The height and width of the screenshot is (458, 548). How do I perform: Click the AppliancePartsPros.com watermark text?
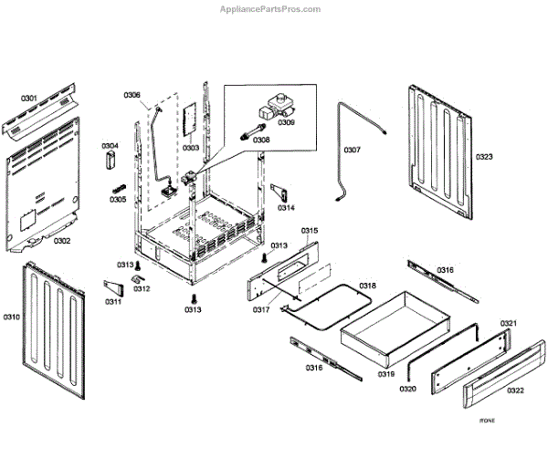tap(271, 9)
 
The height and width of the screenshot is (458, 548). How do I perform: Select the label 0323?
tap(483, 157)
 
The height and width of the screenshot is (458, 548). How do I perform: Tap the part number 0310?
tap(11, 317)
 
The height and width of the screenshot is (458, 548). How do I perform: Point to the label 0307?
tap(352, 149)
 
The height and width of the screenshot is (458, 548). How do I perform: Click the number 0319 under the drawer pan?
tap(386, 374)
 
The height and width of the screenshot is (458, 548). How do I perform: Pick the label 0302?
tap(62, 241)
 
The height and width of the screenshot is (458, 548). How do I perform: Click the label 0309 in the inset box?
tap(287, 121)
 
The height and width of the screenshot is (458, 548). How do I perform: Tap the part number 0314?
tap(287, 208)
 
